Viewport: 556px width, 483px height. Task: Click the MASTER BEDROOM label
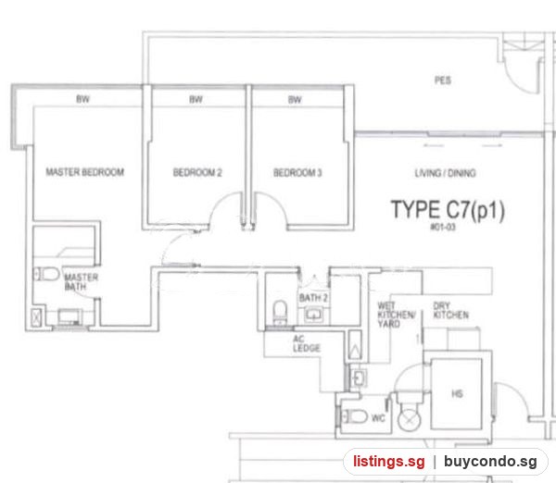pos(85,172)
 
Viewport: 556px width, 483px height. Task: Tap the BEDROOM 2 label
pos(197,172)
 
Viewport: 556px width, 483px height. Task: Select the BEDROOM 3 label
pos(297,173)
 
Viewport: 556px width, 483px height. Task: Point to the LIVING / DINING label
pos(446,173)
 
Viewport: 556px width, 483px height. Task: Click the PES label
pos(443,80)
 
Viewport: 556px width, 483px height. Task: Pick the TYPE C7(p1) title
pos(448,210)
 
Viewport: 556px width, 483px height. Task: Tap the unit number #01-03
pos(443,227)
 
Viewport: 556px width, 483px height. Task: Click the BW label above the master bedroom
pos(83,99)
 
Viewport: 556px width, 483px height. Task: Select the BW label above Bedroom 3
pos(295,100)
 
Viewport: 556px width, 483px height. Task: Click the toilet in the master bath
pos(46,274)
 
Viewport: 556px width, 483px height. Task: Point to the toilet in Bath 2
pos(280,312)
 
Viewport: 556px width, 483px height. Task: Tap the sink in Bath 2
pos(313,315)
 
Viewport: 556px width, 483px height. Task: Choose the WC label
pos(378,418)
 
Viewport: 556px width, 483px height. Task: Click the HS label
pos(457,394)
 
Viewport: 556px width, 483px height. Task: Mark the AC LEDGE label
pos(307,343)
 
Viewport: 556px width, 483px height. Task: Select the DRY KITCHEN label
pos(450,310)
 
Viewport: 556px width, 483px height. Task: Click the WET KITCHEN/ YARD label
pos(396,315)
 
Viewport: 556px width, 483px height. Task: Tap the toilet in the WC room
pos(355,416)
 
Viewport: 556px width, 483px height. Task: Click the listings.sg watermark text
pos(388,462)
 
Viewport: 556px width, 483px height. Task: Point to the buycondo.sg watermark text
pos(490,462)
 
